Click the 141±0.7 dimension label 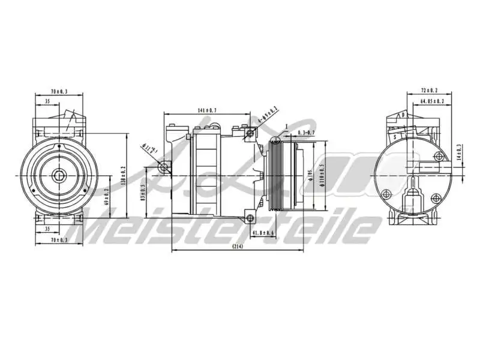[207, 110]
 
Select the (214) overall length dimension [237, 247]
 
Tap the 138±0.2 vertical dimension [122, 175]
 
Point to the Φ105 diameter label [310, 174]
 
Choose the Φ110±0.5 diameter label [322, 175]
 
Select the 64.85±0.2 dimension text [431, 101]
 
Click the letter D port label [404, 114]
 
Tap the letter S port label [395, 137]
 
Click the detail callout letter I [287, 127]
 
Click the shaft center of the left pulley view [59, 175]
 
